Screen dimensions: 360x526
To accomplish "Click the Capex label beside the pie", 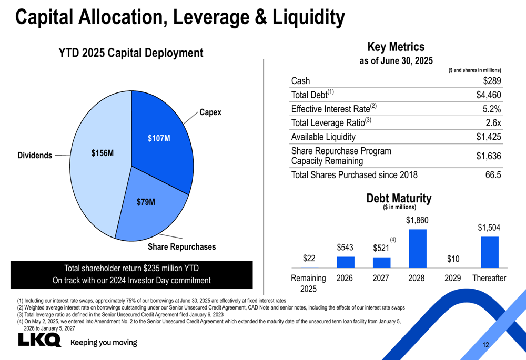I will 210,112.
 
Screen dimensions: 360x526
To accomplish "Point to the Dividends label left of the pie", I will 35,156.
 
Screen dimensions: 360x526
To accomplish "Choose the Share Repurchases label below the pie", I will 181,246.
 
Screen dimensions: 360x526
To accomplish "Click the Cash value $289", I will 492,81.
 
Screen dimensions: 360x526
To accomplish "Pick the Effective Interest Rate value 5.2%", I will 491,109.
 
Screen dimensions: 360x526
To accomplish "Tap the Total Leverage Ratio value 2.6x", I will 493,123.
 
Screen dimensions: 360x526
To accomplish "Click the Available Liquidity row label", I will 323,137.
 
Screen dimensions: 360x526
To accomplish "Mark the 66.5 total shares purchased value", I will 492,174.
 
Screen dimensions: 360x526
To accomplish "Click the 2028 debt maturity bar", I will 417,248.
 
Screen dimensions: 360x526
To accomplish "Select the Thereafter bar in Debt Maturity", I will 489,252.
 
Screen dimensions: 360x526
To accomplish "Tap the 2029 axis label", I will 453,278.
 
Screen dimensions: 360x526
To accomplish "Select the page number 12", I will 485,345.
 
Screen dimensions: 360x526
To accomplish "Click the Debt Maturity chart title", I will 399,199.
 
